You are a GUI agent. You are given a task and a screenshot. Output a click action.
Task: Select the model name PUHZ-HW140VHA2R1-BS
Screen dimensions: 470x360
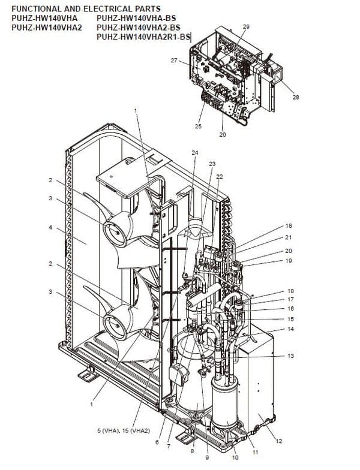click(143, 37)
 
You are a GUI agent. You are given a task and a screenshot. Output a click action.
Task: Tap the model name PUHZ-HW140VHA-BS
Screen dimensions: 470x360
click(129, 18)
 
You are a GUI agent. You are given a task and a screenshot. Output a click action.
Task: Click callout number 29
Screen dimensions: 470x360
click(246, 27)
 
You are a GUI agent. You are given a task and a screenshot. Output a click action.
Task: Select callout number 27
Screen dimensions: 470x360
click(174, 61)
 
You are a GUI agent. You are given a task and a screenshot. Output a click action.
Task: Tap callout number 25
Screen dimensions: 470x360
click(198, 126)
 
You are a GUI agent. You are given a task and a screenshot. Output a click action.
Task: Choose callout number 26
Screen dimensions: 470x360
click(223, 134)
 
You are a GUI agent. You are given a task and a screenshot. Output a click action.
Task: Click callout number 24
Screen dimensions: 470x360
click(194, 153)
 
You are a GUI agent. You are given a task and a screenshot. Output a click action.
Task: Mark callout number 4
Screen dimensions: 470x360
click(51, 228)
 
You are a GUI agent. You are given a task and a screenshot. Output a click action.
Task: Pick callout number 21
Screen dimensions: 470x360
click(289, 238)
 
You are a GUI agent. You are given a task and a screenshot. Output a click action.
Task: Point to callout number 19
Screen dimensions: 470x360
click(289, 261)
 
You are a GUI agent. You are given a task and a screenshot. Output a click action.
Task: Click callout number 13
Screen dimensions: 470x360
click(290, 356)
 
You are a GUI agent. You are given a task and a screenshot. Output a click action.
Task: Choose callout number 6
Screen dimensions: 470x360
click(157, 442)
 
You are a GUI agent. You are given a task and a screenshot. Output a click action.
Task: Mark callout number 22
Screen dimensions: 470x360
click(219, 176)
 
